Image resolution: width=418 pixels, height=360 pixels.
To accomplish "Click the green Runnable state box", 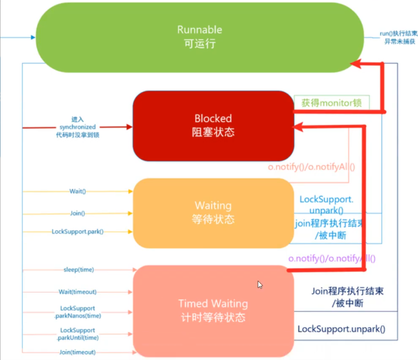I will click(x=199, y=37).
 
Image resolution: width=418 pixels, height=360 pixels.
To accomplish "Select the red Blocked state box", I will click(x=213, y=125).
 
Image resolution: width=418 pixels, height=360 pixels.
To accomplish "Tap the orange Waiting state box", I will click(x=213, y=213).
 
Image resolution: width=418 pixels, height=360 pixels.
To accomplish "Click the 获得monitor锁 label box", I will click(x=332, y=103).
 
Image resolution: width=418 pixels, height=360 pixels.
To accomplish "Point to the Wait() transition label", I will click(x=78, y=191).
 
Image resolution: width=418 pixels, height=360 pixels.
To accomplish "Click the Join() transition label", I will click(x=78, y=213).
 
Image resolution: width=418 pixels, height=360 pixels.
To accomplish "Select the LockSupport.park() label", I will click(x=78, y=232).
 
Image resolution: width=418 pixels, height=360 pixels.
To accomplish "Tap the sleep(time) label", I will click(x=79, y=270).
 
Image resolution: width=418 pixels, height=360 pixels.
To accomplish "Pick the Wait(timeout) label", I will click(x=78, y=292).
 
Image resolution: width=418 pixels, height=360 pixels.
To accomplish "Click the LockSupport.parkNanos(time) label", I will click(x=78, y=312).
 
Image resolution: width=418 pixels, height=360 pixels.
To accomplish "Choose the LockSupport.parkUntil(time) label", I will click(x=78, y=334).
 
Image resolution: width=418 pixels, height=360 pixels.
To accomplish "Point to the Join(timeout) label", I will click(x=78, y=352).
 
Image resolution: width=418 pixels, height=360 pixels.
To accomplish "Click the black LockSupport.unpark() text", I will click(x=341, y=329).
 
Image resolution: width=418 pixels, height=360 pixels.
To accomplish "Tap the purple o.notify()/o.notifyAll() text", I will click(x=332, y=259).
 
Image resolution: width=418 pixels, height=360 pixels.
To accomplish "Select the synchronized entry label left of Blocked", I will click(x=78, y=127).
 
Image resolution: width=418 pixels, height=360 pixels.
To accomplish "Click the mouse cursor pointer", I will click(x=260, y=284).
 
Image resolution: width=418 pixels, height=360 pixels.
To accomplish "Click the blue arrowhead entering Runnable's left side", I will click(x=33, y=37).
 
